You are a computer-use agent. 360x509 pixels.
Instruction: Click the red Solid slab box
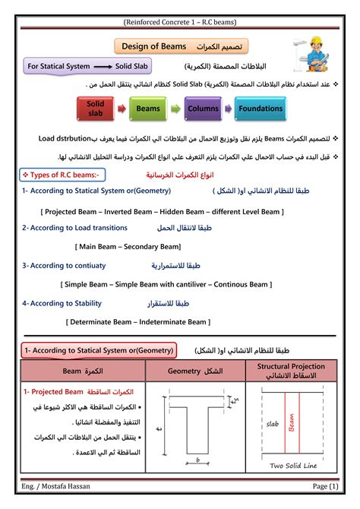tap(96, 108)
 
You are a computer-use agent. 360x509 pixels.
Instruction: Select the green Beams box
tap(148, 109)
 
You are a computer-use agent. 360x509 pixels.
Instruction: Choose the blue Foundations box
tap(260, 109)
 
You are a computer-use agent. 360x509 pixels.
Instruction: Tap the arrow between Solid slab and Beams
tap(122, 109)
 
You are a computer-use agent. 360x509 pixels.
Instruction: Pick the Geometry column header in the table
tap(194, 371)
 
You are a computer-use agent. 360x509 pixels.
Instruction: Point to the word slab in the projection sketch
tap(273, 424)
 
